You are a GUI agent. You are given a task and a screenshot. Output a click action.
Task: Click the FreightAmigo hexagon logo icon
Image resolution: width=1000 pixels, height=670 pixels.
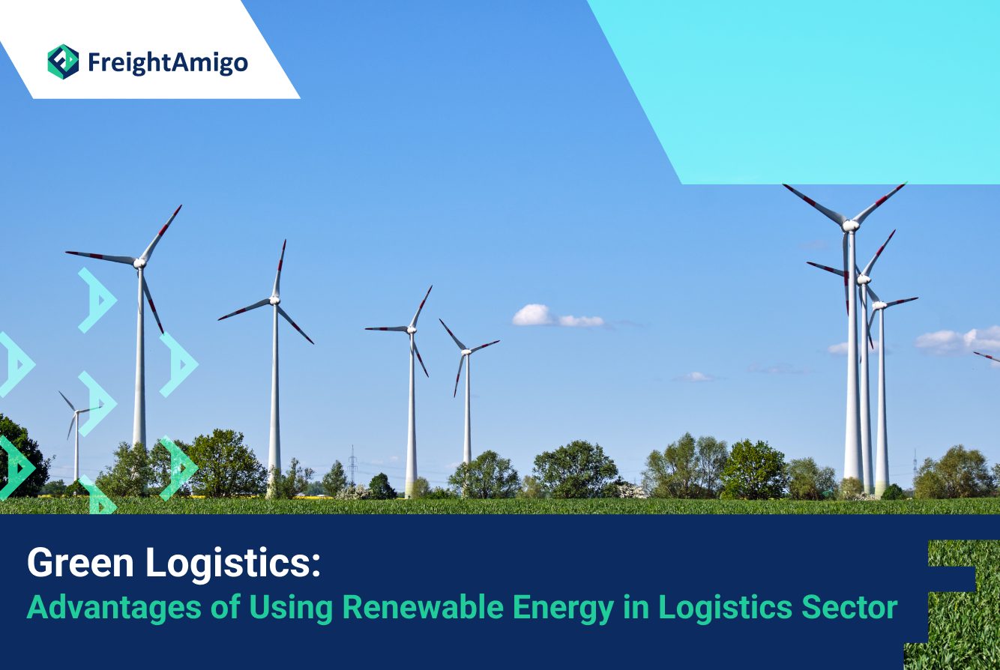[63, 61]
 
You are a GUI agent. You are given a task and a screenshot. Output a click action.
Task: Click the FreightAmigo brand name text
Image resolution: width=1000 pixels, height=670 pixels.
[167, 63]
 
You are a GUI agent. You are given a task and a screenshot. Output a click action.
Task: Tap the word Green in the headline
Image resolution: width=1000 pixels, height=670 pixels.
[80, 563]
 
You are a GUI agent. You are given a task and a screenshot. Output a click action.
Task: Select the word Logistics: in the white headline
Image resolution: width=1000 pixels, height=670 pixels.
[233, 564]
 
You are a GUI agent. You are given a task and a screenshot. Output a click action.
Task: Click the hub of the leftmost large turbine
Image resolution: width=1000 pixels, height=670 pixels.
[139, 263]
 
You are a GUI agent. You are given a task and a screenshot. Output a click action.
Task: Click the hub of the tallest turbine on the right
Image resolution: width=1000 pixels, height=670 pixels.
[850, 226]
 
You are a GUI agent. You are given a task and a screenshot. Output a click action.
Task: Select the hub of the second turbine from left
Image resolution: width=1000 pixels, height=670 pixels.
[274, 300]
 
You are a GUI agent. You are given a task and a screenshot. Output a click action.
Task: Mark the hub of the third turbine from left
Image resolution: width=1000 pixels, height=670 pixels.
[411, 330]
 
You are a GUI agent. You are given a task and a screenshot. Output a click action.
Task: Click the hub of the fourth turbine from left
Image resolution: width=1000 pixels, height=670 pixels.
[466, 351]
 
